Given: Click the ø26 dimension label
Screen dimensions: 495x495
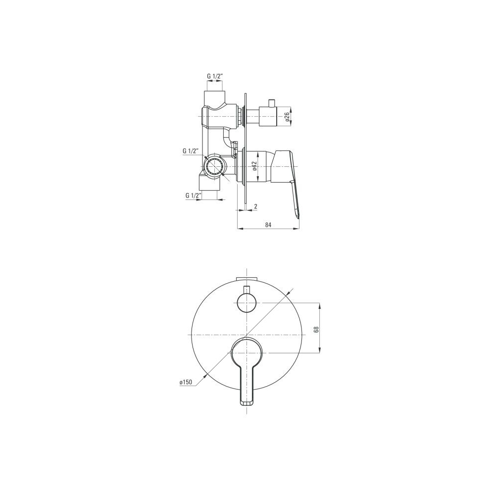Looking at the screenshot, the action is (x=287, y=117).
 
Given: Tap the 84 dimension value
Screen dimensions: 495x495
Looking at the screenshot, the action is (x=268, y=225).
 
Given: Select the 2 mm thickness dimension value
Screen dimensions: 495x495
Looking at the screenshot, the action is (x=256, y=206).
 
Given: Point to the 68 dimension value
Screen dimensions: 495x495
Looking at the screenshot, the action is (x=317, y=329).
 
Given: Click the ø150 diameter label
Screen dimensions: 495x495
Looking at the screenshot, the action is (x=186, y=382).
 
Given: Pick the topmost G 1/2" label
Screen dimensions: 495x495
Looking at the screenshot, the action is (x=215, y=76).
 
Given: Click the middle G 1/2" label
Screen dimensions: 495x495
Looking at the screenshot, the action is (x=191, y=151).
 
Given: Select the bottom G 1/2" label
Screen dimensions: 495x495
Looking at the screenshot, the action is (x=194, y=196).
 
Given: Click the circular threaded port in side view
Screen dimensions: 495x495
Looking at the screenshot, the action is (x=215, y=166).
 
